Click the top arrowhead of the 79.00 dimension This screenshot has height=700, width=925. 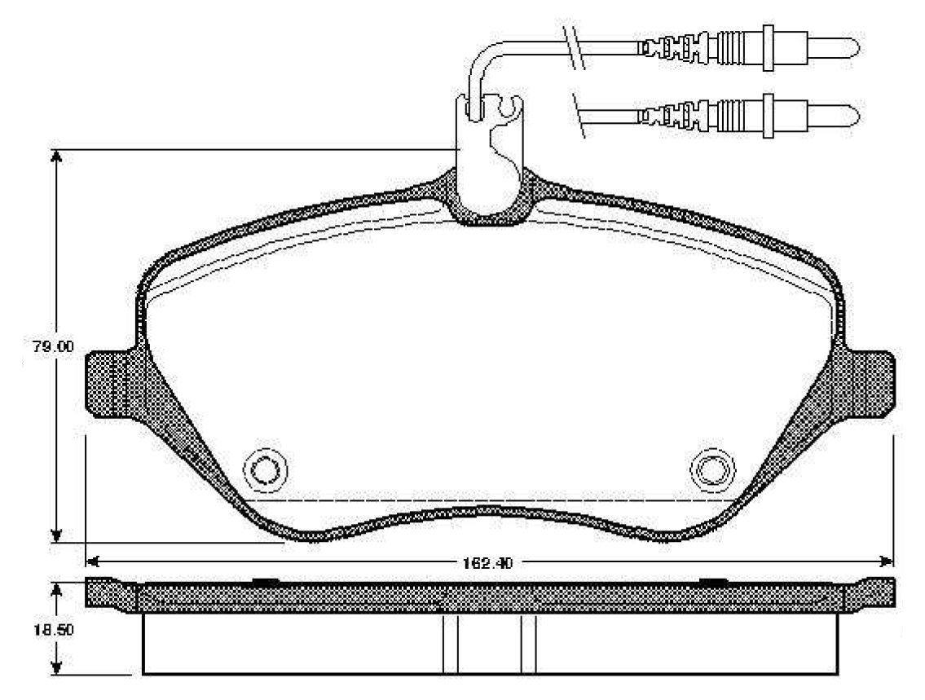pos(56,157)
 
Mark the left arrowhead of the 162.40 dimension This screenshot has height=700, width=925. pos(93,561)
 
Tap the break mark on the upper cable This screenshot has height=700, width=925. pos(574,46)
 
